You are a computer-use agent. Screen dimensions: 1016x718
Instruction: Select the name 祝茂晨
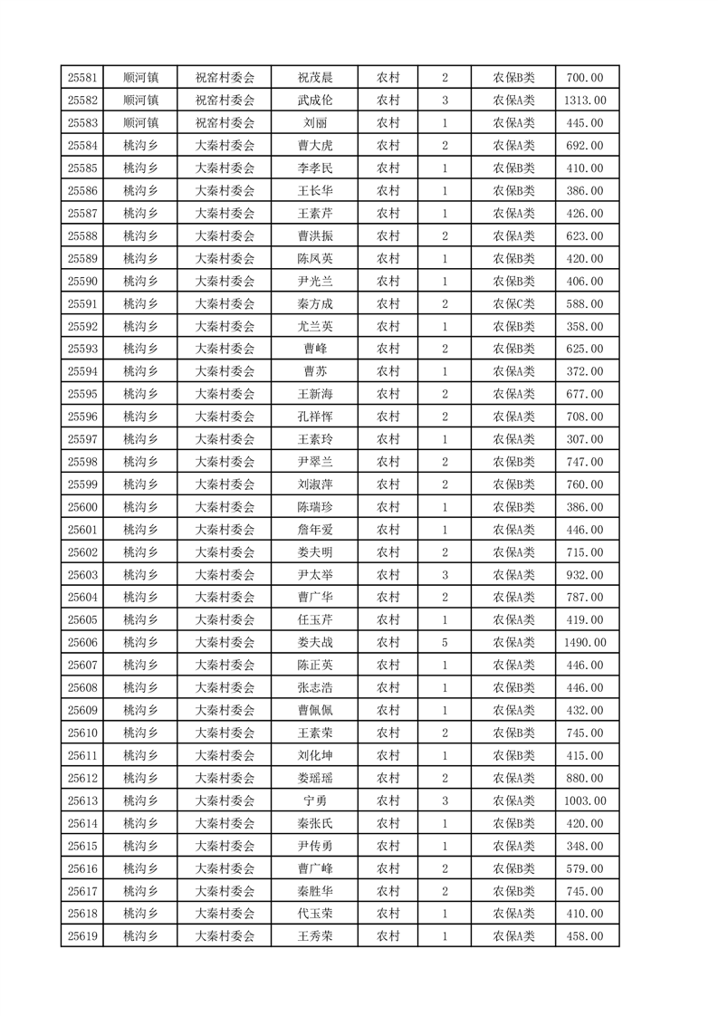pos(315,78)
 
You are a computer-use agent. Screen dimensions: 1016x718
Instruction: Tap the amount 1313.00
pos(584,101)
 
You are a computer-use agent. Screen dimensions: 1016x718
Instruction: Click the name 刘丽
pos(315,123)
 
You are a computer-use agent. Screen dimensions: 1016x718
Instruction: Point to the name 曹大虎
pos(315,146)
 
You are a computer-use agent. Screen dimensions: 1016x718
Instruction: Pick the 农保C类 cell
pos(513,303)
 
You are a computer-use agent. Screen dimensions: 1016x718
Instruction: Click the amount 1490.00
pos(584,642)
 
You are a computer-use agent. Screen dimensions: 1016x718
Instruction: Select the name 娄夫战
pos(315,642)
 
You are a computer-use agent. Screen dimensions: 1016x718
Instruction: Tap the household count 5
pos(445,642)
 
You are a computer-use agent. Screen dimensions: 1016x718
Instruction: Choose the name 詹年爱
pos(315,530)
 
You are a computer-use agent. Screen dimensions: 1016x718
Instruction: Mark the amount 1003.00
pos(584,800)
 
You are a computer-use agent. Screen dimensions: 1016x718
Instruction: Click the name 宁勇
pos(315,800)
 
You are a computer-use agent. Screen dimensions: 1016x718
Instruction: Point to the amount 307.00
pos(584,439)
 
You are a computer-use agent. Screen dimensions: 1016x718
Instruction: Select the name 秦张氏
pos(315,823)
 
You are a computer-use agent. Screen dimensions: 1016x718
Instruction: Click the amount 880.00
pos(584,778)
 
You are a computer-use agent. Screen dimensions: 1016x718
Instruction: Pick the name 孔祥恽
pos(315,417)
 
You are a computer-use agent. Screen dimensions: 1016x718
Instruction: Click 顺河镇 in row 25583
pos(141,123)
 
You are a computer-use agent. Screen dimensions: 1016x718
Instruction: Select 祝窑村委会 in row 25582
pos(225,101)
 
